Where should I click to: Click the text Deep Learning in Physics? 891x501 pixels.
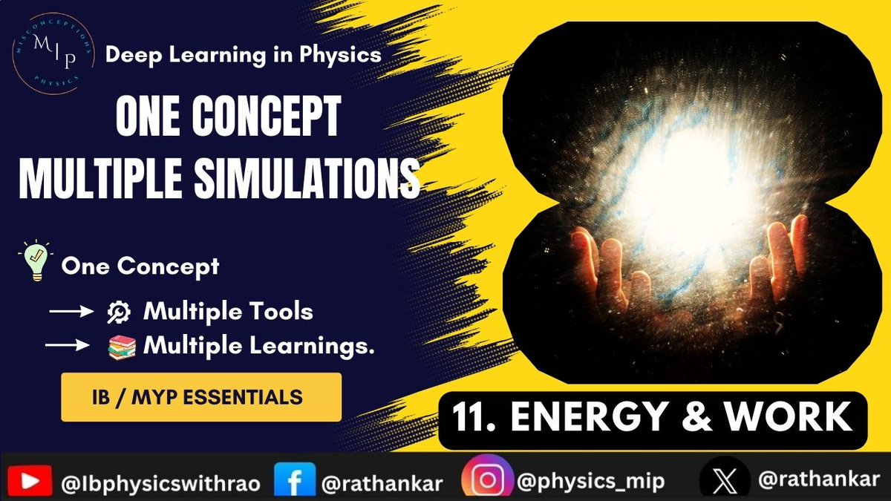coord(244,54)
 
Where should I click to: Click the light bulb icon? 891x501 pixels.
coord(34,264)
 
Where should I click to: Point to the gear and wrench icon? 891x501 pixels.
coord(119,312)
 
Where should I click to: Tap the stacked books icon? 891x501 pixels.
coord(119,346)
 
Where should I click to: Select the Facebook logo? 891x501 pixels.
coord(290,481)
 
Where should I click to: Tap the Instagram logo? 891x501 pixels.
coord(487,480)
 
